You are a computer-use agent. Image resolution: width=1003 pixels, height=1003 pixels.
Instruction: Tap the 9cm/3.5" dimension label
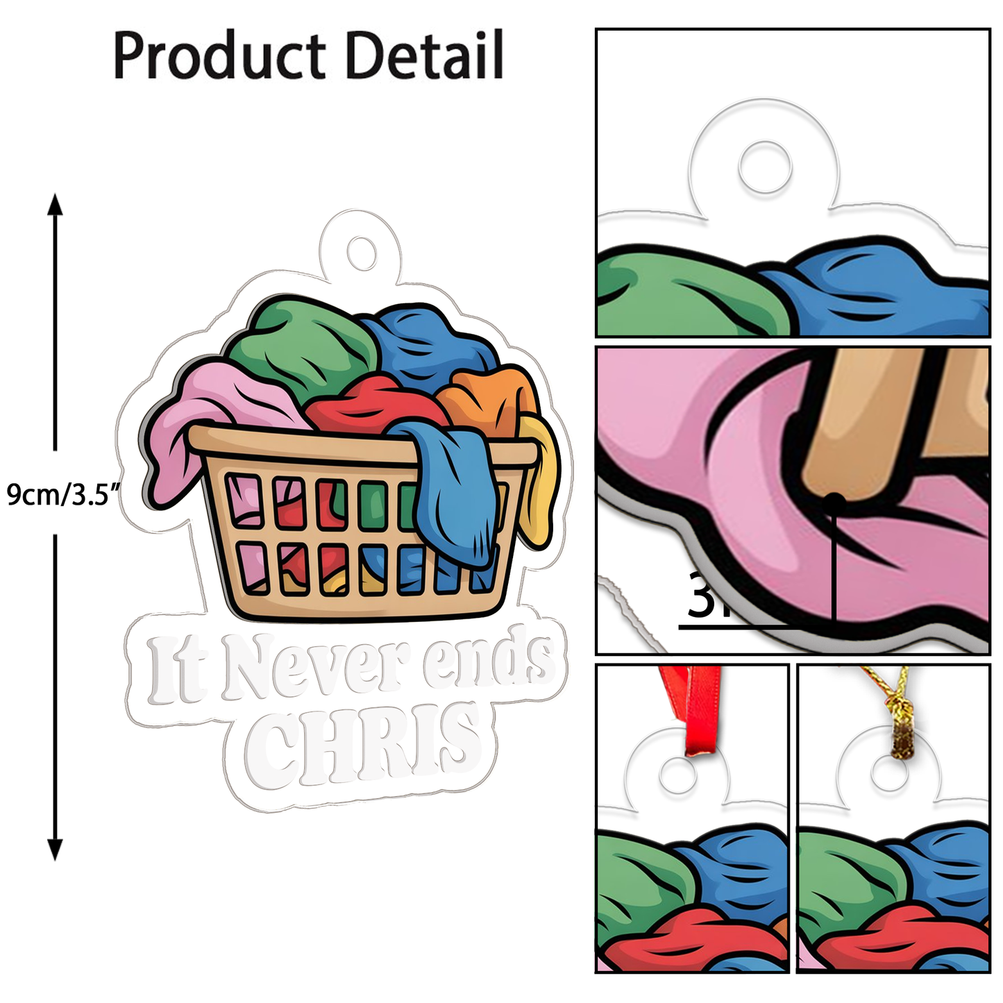click(x=62, y=494)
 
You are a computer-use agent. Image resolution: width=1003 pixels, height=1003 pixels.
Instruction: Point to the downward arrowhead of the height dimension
click(x=55, y=848)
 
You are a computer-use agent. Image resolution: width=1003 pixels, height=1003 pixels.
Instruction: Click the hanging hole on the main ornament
click(x=361, y=251)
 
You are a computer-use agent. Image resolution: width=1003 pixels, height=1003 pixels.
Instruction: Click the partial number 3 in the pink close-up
click(x=701, y=596)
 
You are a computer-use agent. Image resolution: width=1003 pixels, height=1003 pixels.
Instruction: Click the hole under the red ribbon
click(x=673, y=775)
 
